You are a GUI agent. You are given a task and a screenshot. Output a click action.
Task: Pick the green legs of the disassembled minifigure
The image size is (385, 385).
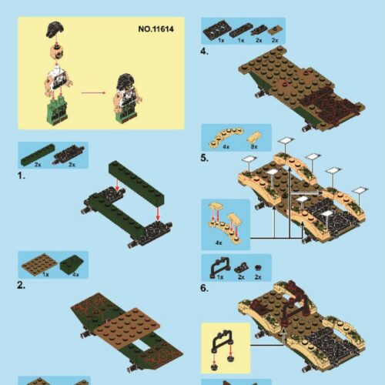click(55, 112)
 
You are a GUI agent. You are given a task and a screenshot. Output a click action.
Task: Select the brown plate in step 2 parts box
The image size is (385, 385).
click(38, 264)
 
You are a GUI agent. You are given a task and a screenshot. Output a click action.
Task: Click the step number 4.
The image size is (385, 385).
click(204, 52)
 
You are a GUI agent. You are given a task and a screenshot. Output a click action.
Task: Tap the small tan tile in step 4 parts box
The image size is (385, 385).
click(276, 30)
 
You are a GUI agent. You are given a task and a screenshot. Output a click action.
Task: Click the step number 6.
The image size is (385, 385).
click(204, 288)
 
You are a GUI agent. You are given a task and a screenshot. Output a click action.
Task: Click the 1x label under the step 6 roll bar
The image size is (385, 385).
click(220, 276)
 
